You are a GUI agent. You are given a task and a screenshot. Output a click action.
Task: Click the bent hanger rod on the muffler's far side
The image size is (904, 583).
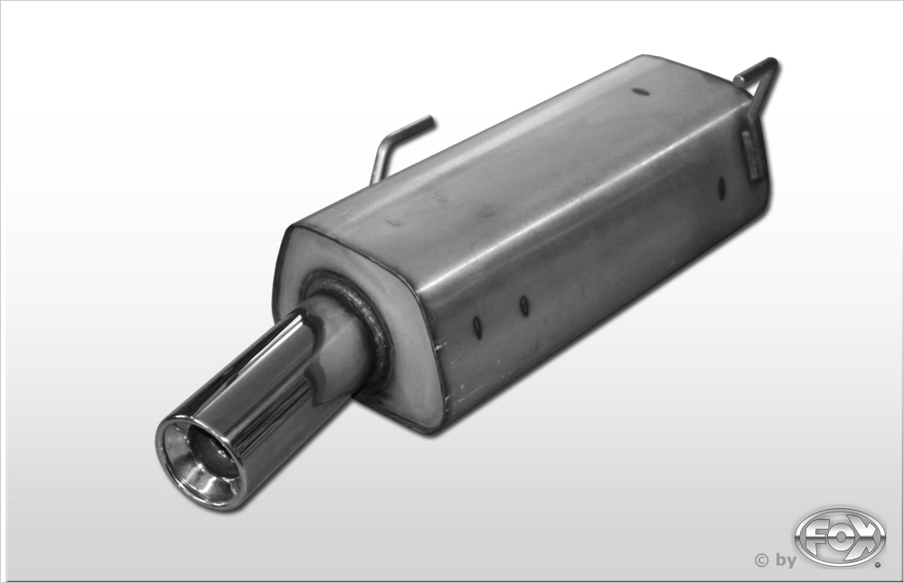click(x=398, y=147)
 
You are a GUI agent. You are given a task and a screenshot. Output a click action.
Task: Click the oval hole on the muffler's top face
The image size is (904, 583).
click(x=640, y=91)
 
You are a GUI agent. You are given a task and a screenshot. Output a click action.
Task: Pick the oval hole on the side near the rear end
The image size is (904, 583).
click(x=720, y=189)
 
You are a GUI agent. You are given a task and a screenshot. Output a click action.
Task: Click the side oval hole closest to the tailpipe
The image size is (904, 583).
click(x=477, y=328)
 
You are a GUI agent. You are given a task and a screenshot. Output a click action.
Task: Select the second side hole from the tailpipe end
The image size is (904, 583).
click(x=524, y=306)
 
